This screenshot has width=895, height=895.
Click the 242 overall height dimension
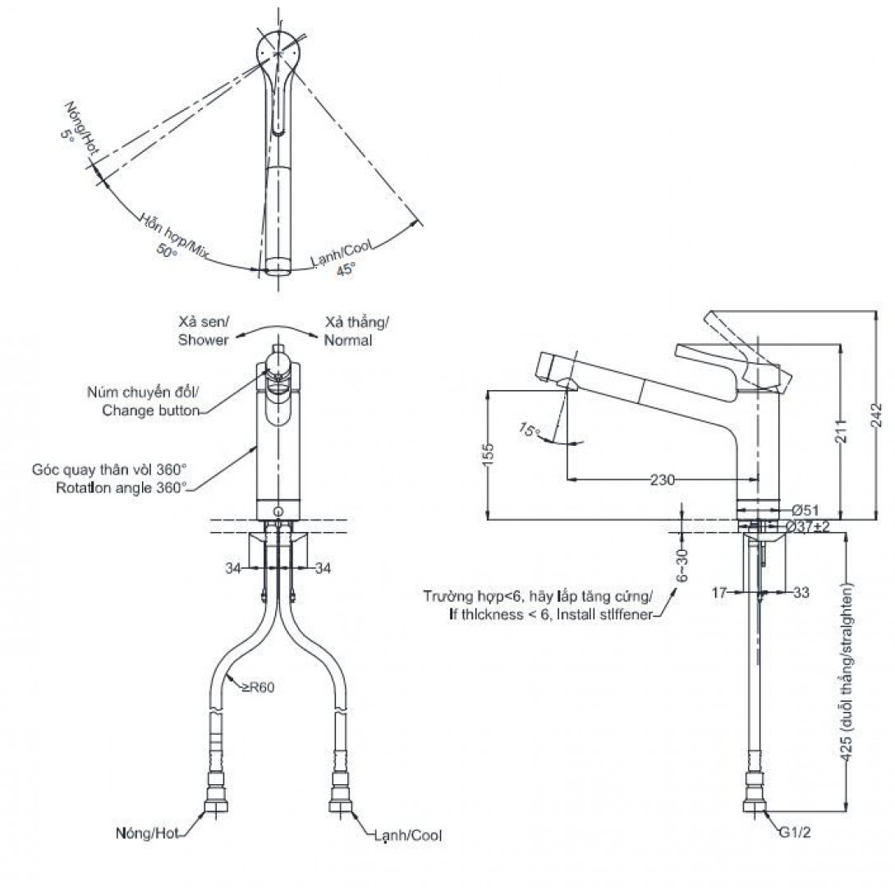click(x=877, y=415)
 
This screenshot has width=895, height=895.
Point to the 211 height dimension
click(x=842, y=431)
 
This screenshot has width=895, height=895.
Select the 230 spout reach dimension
click(x=662, y=480)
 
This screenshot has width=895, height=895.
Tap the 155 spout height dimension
click(x=489, y=455)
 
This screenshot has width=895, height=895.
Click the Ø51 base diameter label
click(x=805, y=510)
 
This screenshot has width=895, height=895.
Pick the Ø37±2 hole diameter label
click(x=807, y=526)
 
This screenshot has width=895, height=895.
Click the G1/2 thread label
click(x=795, y=833)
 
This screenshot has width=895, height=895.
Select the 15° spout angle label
click(x=530, y=429)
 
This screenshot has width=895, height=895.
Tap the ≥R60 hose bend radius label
click(x=258, y=687)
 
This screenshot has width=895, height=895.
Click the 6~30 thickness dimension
click(x=682, y=565)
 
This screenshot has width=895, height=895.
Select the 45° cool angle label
click(x=346, y=269)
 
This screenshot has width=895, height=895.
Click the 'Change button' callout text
click(x=151, y=411)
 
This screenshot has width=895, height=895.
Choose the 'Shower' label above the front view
click(x=203, y=340)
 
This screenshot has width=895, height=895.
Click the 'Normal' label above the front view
click(x=348, y=340)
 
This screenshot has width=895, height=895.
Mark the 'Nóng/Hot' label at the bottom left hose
click(x=147, y=833)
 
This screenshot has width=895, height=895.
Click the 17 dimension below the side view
click(x=719, y=593)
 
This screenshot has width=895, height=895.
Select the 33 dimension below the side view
click(x=801, y=593)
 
